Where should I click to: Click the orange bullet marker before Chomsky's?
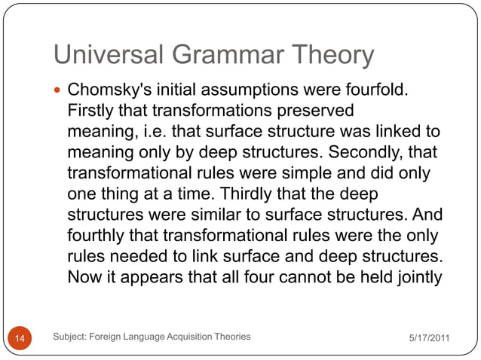click(x=60, y=91)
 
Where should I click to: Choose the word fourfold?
click(x=375, y=91)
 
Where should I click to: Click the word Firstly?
click(x=93, y=111)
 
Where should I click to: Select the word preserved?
click(x=317, y=111)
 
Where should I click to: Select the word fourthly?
click(x=96, y=236)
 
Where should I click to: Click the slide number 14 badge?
click(x=20, y=338)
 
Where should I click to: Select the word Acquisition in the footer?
click(x=182, y=337)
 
